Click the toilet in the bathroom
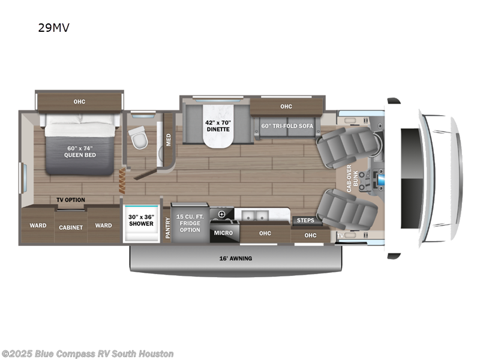138,139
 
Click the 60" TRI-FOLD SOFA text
287,126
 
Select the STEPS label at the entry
305,220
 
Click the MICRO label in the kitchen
222,233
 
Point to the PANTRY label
167,228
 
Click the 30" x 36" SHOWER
141,221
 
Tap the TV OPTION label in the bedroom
71,200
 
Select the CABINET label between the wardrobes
70,228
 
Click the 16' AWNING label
235,259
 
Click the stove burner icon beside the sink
222,214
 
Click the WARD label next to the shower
103,226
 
